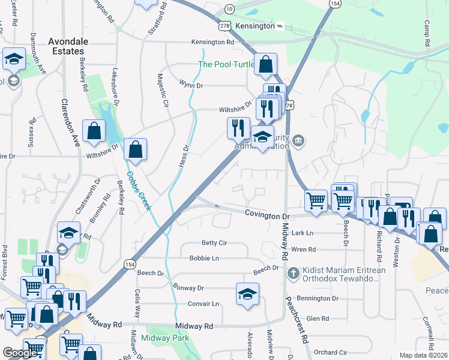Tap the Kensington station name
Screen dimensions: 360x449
(255, 26)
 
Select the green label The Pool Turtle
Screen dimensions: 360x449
(226, 65)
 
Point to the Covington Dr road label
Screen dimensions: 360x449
(267, 215)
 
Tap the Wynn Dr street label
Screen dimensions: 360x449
(191, 86)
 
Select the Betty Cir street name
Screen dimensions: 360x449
(214, 243)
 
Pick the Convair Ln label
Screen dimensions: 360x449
(203, 304)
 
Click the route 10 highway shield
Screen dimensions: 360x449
(229, 9)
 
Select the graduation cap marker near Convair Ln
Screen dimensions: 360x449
(247, 294)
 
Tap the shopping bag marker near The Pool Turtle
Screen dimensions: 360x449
(265, 64)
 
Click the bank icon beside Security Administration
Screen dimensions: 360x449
(299, 141)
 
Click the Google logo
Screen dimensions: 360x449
(20, 353)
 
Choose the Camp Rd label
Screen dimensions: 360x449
(427, 34)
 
